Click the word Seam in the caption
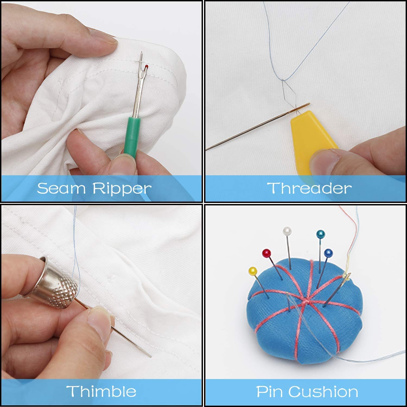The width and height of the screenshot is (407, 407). click(62, 188)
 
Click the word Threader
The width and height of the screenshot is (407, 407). click(309, 188)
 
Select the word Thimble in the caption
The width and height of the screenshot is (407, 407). click(101, 391)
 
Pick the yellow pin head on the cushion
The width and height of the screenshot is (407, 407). click(253, 271)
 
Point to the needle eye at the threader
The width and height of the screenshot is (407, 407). click(306, 105)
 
